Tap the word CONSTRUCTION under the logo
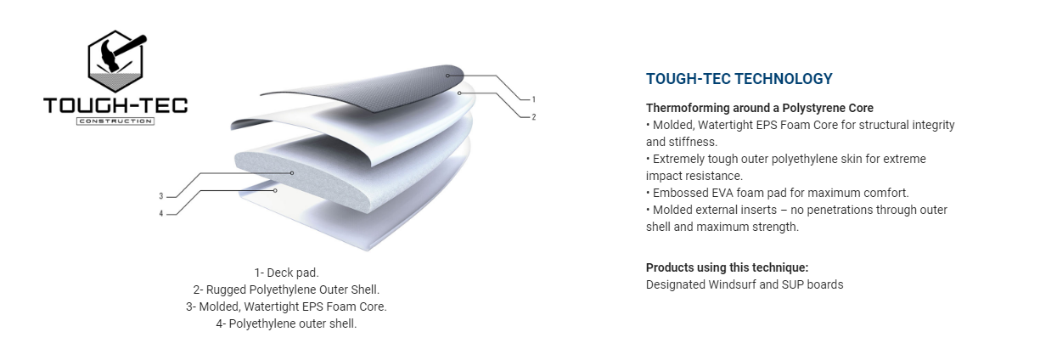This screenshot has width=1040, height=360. (115, 121)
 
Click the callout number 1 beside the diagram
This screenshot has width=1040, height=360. (534, 99)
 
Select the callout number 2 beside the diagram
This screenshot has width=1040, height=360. (534, 117)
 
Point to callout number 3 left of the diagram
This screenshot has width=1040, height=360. (161, 196)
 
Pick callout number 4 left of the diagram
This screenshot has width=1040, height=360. (161, 214)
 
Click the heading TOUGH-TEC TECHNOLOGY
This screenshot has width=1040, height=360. (739, 79)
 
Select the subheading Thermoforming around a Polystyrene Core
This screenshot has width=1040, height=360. (760, 108)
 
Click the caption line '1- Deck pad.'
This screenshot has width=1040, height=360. (286, 273)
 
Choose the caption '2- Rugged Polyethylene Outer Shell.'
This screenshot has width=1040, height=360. (286, 290)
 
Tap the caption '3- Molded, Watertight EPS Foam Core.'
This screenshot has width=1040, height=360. (286, 307)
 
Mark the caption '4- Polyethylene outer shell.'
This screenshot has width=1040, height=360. (286, 323)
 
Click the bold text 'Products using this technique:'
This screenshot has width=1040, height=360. (727, 267)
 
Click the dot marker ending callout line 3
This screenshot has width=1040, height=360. (292, 173)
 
